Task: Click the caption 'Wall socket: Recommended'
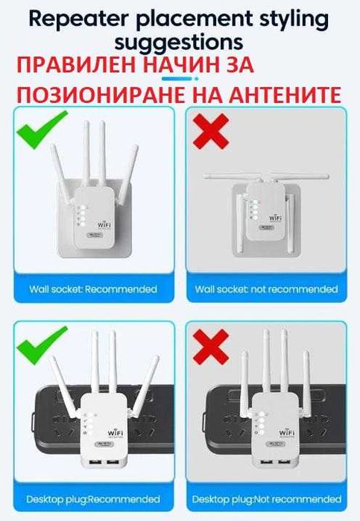point(93,288)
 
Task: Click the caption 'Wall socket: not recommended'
point(265,288)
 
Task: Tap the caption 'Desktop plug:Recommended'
point(93,499)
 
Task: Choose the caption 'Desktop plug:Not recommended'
point(265,499)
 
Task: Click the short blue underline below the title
point(180,77)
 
